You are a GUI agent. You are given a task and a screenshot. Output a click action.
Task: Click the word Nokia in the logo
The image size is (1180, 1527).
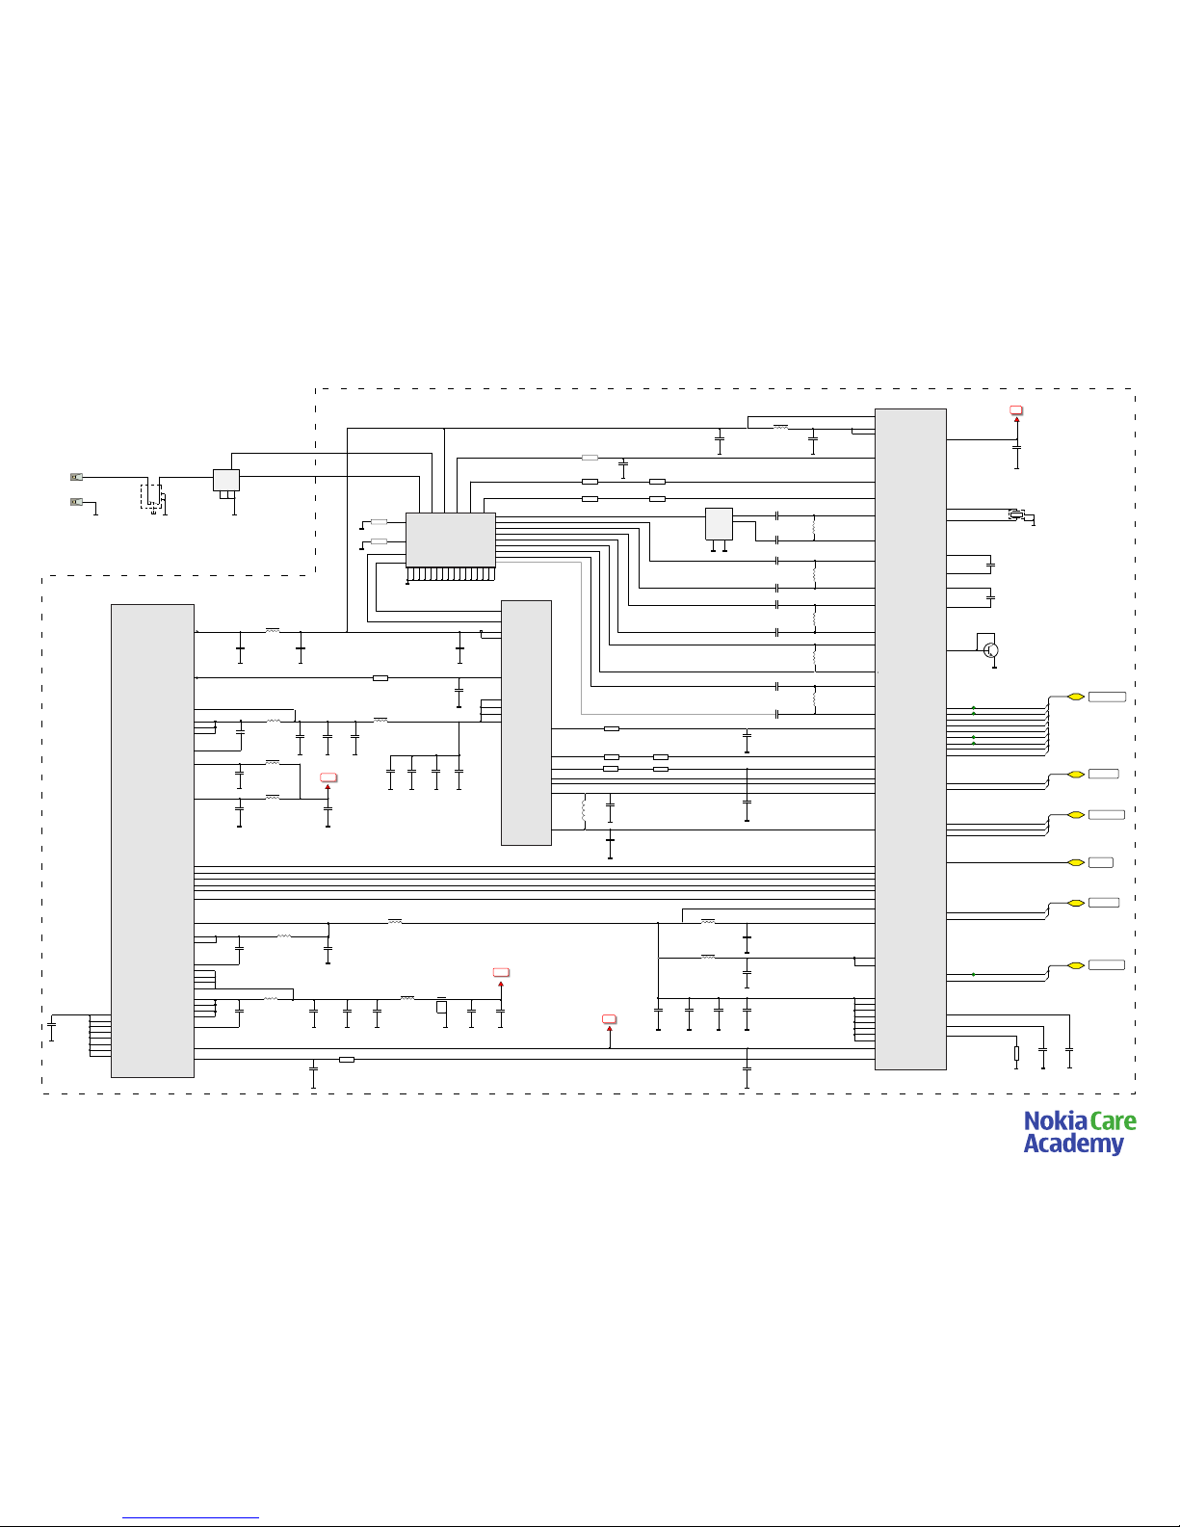[1055, 1121]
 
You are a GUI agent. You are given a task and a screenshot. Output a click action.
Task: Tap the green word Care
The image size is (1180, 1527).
[1114, 1121]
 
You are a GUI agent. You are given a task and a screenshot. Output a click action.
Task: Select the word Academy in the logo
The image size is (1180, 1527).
[1073, 1145]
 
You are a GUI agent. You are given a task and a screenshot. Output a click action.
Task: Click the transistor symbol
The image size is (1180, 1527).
[991, 650]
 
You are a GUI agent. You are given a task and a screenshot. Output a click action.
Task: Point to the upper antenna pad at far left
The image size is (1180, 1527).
[77, 477]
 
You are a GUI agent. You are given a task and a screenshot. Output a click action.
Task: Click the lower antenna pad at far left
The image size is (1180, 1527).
[77, 501]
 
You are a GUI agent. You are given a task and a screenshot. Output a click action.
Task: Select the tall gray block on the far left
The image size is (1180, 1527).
[152, 840]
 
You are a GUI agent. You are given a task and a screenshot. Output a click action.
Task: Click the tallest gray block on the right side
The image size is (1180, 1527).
[910, 739]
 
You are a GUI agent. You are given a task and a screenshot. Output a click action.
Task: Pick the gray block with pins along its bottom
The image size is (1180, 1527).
[451, 540]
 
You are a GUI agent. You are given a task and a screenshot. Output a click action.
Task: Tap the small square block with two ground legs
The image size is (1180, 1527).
[719, 524]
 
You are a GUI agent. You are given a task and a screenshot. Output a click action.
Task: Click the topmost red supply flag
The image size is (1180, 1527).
[1016, 411]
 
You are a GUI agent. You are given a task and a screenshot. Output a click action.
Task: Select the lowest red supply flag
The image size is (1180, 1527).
[609, 1018]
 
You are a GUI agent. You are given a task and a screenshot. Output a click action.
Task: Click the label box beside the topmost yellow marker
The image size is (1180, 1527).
[1107, 696]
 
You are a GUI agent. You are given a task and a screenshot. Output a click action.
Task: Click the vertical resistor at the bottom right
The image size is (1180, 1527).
[1016, 1053]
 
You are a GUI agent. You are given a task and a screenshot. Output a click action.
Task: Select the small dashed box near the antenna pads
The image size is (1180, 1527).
[151, 495]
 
